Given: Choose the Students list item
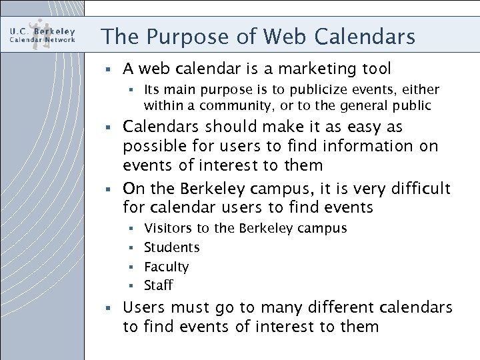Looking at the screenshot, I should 172,247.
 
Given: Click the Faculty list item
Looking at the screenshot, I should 167,267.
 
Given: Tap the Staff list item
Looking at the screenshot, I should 159,285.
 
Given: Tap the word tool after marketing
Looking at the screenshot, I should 375,69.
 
